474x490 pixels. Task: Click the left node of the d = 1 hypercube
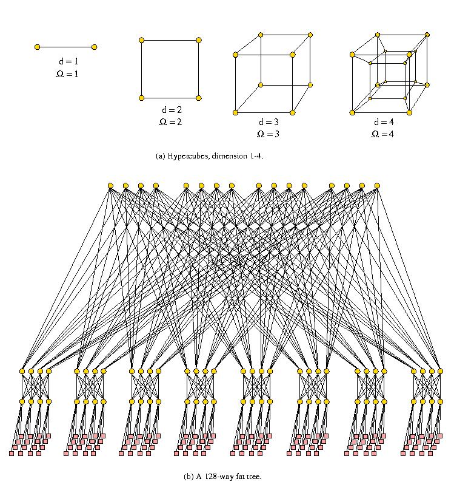tap(38, 47)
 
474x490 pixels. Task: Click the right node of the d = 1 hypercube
tap(95, 47)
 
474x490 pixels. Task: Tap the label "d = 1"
tap(66, 62)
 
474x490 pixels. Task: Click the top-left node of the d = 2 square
tap(141, 40)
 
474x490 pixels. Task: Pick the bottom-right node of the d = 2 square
tap(199, 98)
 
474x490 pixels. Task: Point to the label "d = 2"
tap(171, 111)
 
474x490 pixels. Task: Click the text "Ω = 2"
tap(170, 122)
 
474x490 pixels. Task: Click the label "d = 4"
tap(382, 122)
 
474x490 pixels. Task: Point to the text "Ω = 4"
tap(382, 134)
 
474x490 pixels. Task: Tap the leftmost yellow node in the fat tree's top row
tap(110, 185)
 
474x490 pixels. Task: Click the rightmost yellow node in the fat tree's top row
tap(377, 185)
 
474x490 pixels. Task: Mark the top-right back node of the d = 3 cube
tap(310, 35)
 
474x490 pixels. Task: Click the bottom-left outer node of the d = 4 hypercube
tap(352, 112)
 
